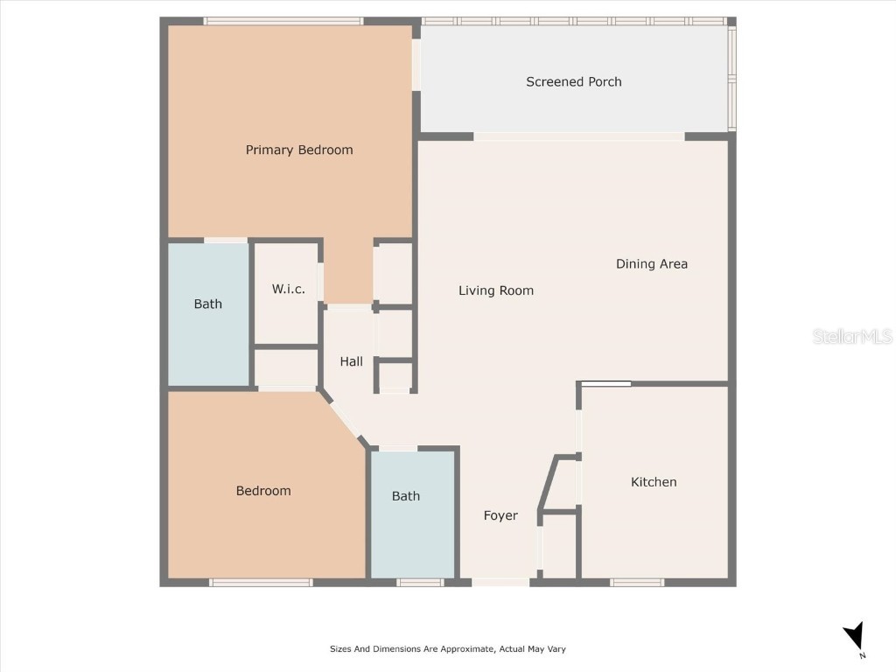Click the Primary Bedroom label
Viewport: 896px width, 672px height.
pyautogui.click(x=299, y=150)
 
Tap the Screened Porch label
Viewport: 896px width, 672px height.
pyautogui.click(x=573, y=81)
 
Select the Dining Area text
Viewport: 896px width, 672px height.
pyautogui.click(x=651, y=263)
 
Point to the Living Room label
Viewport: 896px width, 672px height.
pyautogui.click(x=495, y=290)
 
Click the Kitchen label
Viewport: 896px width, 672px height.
pyautogui.click(x=654, y=482)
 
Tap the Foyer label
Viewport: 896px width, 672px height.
pyautogui.click(x=500, y=515)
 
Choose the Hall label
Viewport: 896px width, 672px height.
pyautogui.click(x=351, y=361)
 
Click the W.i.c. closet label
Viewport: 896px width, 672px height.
pyautogui.click(x=288, y=289)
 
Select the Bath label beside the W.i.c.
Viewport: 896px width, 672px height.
pyautogui.click(x=207, y=304)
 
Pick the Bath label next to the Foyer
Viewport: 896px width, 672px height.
pyautogui.click(x=405, y=496)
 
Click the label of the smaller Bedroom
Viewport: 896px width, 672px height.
pyautogui.click(x=263, y=491)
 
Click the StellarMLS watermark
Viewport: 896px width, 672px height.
pyautogui.click(x=851, y=337)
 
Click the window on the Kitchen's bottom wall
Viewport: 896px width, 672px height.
pyautogui.click(x=637, y=582)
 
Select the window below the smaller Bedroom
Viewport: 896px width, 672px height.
pyautogui.click(x=261, y=582)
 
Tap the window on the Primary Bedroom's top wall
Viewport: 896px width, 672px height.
pyautogui.click(x=283, y=21)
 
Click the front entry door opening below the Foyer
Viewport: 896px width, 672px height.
pyautogui.click(x=500, y=582)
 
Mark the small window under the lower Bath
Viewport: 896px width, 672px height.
pyautogui.click(x=420, y=582)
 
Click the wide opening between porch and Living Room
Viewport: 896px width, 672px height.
pyautogui.click(x=578, y=136)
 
